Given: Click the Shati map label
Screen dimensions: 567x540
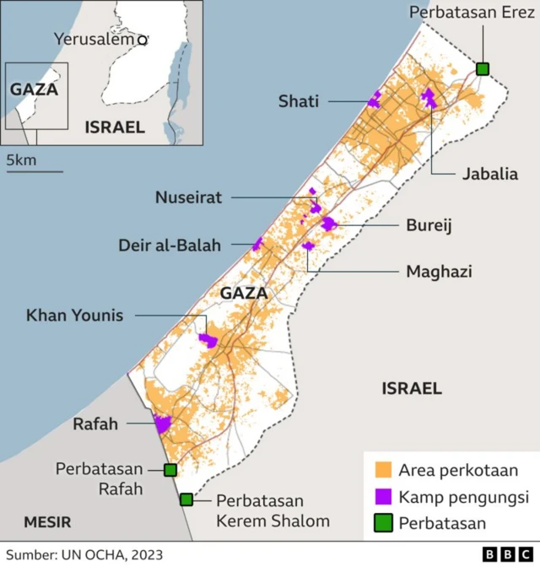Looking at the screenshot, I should point(299,101).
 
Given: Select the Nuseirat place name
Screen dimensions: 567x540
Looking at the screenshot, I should point(188,197).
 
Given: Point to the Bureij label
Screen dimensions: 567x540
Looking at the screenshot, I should point(429,225).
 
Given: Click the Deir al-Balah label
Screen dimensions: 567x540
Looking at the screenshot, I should point(170,246).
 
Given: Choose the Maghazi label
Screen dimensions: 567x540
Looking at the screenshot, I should point(439,272).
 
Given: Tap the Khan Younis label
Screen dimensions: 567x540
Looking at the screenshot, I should point(74,316).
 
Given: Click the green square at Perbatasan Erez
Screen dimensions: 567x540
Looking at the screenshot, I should point(483,69).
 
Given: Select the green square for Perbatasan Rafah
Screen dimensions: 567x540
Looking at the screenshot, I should point(170,470).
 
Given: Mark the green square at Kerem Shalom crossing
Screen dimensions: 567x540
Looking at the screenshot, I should point(186,499).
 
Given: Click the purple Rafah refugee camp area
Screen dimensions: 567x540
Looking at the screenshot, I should point(162,424).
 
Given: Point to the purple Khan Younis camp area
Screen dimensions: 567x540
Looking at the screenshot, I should point(208,340).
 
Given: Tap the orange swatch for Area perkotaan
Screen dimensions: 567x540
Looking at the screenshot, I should point(384,470).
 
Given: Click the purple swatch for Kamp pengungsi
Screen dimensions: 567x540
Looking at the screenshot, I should point(384,496).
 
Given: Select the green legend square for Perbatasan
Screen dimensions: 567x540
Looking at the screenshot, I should point(384,522).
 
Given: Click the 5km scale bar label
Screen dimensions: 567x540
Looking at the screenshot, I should point(20,160).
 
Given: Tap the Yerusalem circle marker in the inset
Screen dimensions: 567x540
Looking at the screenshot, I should point(143,40).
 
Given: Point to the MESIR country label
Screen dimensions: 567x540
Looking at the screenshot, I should point(47,521).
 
